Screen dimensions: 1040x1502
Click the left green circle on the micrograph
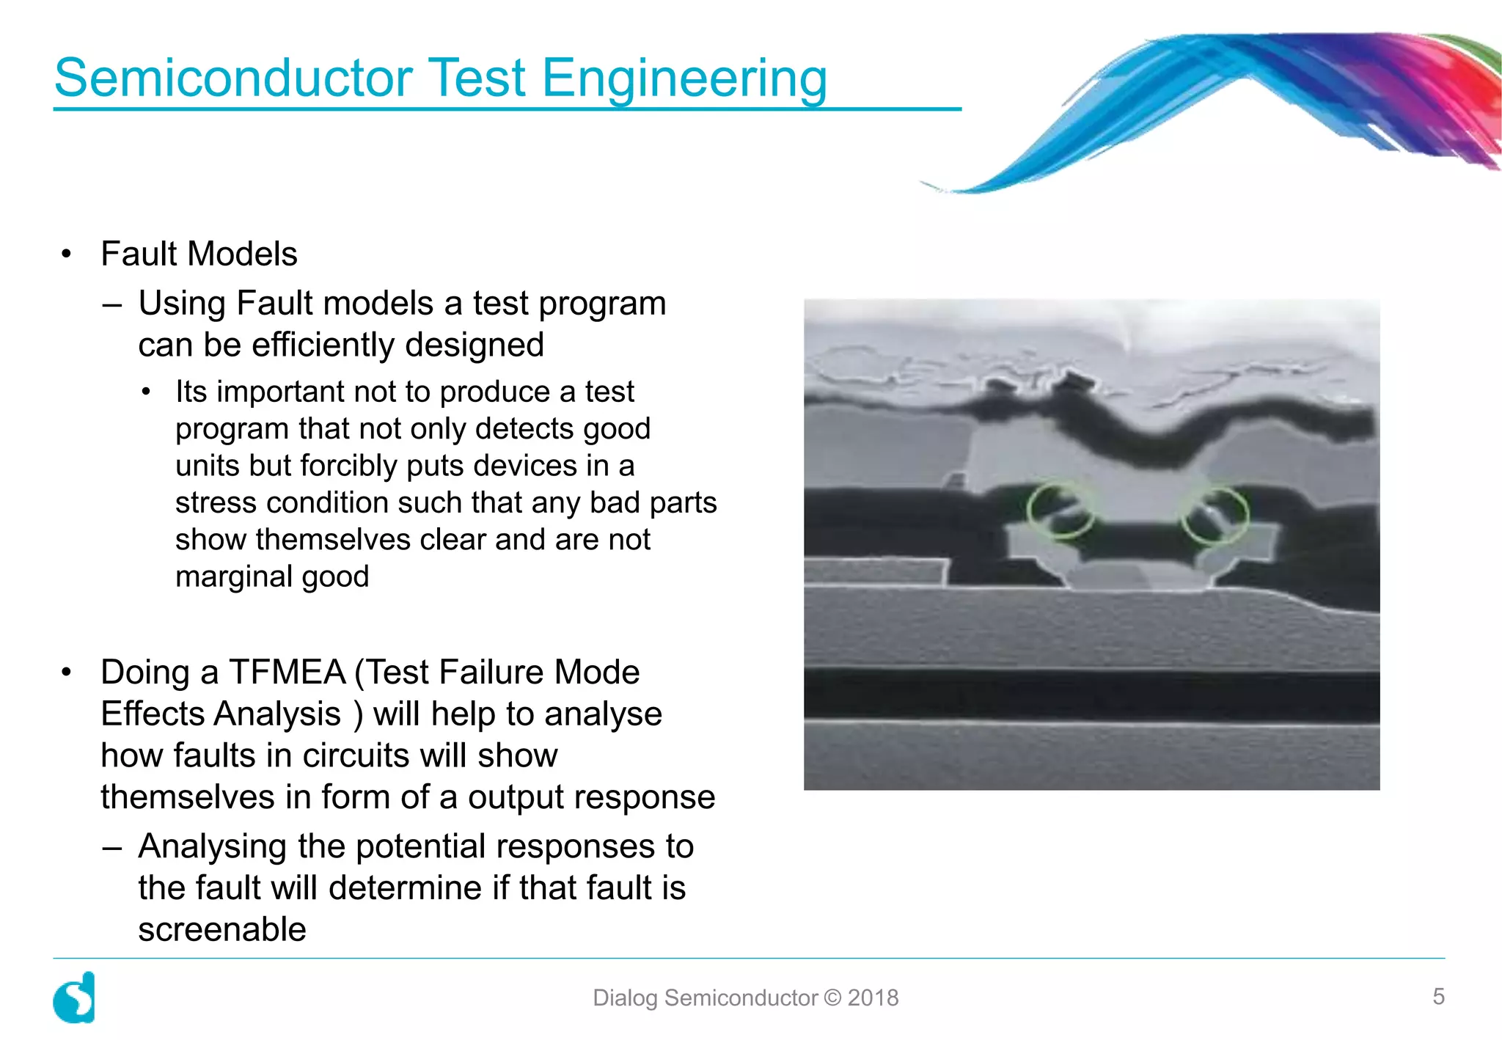click(x=1059, y=510)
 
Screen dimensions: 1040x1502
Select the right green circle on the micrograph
click(x=1215, y=516)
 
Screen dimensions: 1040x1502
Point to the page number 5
click(x=1438, y=996)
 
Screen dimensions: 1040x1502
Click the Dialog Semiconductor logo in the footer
click(x=75, y=997)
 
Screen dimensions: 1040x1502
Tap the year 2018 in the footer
click(x=873, y=997)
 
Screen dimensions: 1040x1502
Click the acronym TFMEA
click(x=287, y=672)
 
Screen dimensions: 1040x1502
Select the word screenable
click(x=222, y=929)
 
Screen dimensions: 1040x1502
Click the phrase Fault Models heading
click(x=199, y=254)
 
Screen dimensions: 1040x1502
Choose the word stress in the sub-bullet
click(x=216, y=502)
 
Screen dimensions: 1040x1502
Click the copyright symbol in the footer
click(x=832, y=997)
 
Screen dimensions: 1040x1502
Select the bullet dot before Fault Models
click(x=67, y=254)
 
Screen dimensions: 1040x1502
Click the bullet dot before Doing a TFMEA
click(x=67, y=672)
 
